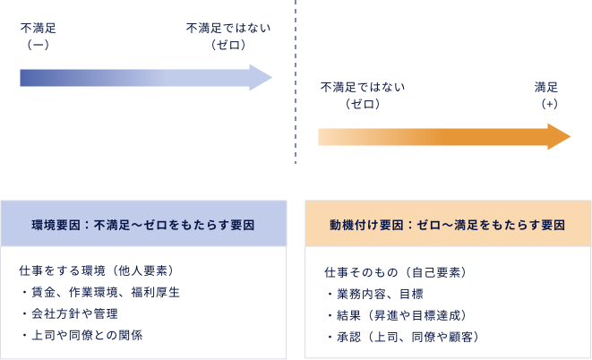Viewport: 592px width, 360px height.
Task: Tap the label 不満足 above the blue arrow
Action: tap(39, 29)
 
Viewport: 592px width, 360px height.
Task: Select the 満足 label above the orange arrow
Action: tap(546, 87)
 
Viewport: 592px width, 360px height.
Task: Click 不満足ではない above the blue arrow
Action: tap(228, 29)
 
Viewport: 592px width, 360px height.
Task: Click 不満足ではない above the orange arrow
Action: tap(363, 87)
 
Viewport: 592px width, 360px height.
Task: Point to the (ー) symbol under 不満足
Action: tap(39, 45)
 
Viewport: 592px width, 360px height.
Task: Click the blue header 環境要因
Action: tap(143, 226)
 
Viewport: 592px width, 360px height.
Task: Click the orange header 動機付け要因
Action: tap(447, 226)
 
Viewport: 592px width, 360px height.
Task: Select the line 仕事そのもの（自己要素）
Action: tap(395, 271)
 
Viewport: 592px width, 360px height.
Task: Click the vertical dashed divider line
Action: tap(296, 90)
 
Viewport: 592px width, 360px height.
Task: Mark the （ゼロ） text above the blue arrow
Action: tap(228, 45)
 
